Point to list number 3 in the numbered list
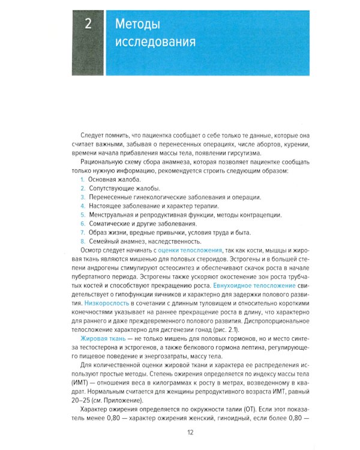pos(82,197)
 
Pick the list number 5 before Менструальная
pos(82,215)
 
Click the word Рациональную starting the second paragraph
pos(104,163)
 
